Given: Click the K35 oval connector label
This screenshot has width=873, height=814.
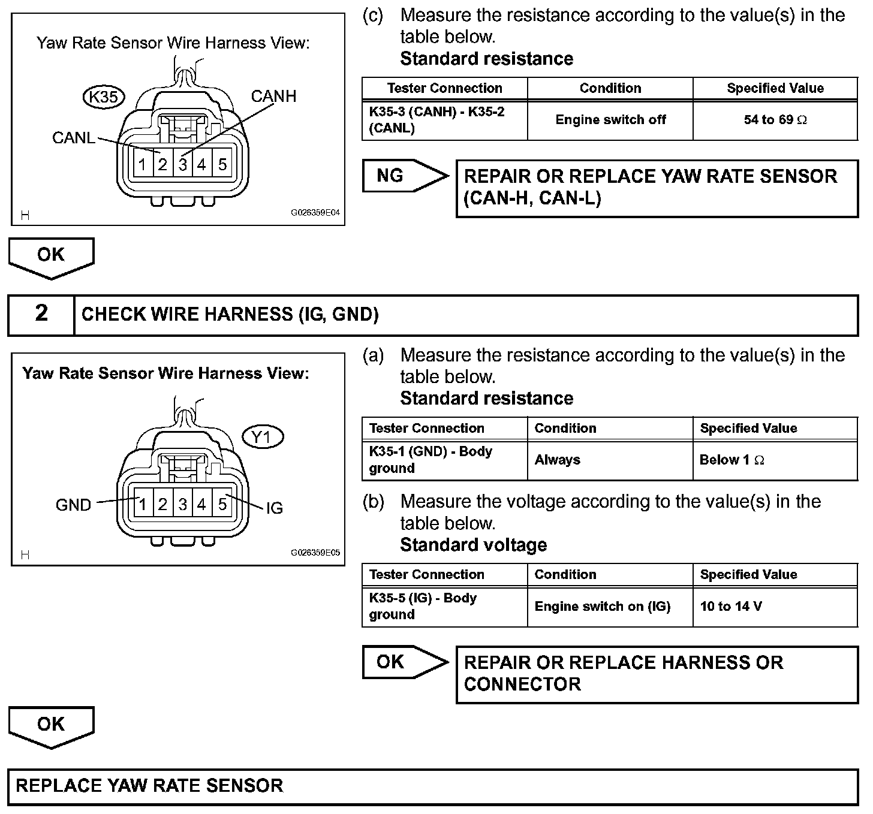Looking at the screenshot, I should pyautogui.click(x=103, y=97).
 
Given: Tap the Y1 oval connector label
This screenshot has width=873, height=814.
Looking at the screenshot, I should pyautogui.click(x=262, y=438).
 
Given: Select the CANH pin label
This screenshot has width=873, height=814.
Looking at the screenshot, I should pyautogui.click(x=273, y=97).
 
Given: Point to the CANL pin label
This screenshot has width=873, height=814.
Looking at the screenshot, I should pyautogui.click(x=73, y=138).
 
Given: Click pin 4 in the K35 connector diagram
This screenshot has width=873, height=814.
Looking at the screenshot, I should pyautogui.click(x=202, y=164).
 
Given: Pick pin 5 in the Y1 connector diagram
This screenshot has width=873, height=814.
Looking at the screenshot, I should pyautogui.click(x=222, y=504).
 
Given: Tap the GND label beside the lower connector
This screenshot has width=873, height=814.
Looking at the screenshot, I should pyautogui.click(x=73, y=505).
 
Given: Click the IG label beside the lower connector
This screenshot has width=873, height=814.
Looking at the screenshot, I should pyautogui.click(x=274, y=508).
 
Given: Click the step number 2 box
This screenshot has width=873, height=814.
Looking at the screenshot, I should pyautogui.click(x=41, y=314).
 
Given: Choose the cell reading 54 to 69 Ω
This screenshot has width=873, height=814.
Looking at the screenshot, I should pyautogui.click(x=775, y=120).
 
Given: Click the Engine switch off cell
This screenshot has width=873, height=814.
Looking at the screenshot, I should pyautogui.click(x=610, y=120).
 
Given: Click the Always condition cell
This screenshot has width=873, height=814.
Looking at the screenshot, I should pyautogui.click(x=557, y=460).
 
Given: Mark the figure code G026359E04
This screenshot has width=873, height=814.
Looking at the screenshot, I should pyautogui.click(x=315, y=213).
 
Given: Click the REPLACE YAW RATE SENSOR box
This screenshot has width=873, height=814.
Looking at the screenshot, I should pyautogui.click(x=433, y=786).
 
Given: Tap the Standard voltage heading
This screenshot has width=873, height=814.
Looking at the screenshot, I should pyautogui.click(x=473, y=545).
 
